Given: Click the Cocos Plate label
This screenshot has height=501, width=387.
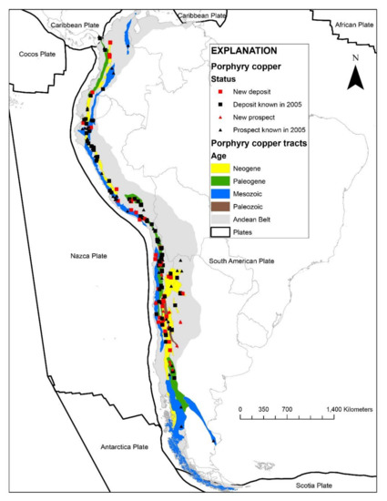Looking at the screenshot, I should [36, 55].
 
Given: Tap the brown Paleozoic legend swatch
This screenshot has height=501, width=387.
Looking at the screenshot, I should [221, 208].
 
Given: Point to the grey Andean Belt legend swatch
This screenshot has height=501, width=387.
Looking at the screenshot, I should [221, 220].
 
